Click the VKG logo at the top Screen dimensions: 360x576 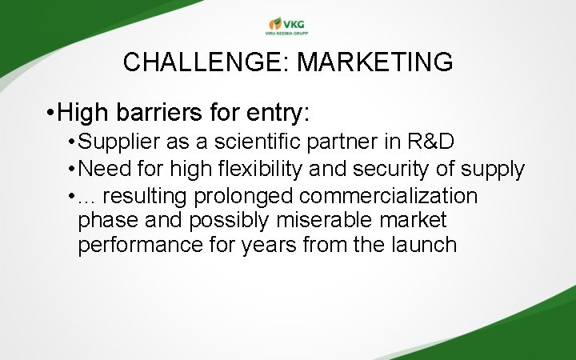click(287, 25)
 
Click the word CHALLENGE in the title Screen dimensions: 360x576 click(204, 62)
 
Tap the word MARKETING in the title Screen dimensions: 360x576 click(374, 62)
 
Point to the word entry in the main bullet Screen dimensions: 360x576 click(274, 113)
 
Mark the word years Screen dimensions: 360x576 click(270, 245)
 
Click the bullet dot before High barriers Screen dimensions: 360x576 click(50, 114)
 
